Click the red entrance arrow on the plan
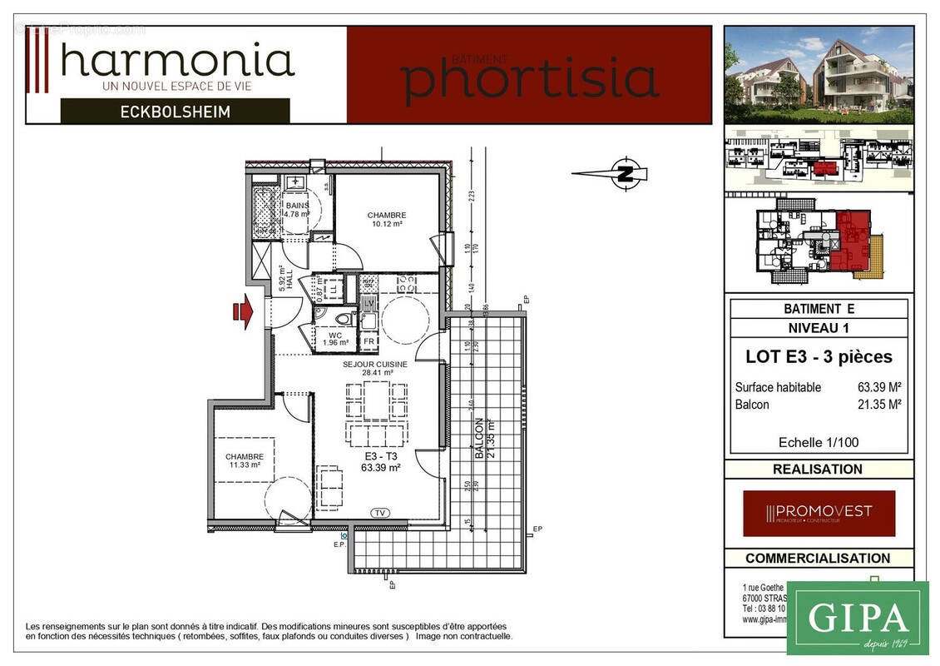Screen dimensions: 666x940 click(x=243, y=311)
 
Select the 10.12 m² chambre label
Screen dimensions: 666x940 click(x=385, y=220)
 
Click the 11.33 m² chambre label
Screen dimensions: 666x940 click(x=244, y=460)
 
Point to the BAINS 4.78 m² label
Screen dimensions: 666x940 click(x=297, y=209)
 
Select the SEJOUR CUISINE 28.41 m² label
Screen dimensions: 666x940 click(x=375, y=369)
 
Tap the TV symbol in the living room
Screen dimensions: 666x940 click(x=381, y=513)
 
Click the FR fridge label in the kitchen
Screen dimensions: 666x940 click(x=369, y=340)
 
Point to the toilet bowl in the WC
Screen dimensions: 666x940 click(x=341, y=319)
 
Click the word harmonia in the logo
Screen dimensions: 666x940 click(x=177, y=61)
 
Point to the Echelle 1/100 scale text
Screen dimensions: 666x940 click(x=819, y=442)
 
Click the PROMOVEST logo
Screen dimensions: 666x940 click(x=819, y=513)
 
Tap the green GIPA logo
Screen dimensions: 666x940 click(x=857, y=618)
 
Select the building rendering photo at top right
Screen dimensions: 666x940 click(x=819, y=75)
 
